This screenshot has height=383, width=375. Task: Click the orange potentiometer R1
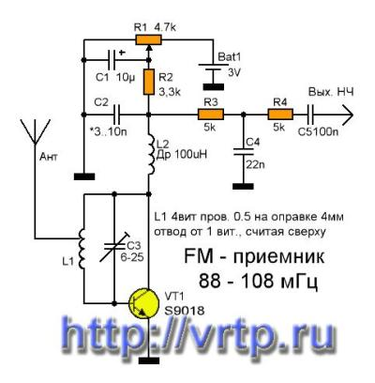[148, 39]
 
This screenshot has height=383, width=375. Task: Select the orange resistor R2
[149, 82]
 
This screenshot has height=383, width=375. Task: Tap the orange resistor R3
[211, 115]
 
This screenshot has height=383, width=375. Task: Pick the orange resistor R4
[280, 115]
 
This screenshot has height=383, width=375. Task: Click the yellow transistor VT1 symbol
[144, 304]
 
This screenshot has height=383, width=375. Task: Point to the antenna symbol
[35, 131]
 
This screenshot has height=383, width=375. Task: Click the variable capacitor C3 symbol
[114, 247]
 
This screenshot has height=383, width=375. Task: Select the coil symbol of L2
[151, 155]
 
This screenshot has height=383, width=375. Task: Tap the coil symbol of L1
[82, 249]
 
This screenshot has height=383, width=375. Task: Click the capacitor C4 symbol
[244, 151]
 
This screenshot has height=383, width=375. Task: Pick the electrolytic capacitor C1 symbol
[112, 60]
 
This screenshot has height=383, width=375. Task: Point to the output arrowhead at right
[348, 115]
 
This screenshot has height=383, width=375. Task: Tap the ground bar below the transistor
[149, 360]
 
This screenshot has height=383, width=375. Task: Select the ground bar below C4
[243, 186]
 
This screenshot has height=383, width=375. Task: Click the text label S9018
[185, 311]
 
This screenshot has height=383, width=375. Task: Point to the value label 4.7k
[165, 27]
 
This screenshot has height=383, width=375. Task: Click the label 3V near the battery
[234, 72]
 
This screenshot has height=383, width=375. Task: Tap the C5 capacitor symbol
[310, 115]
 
